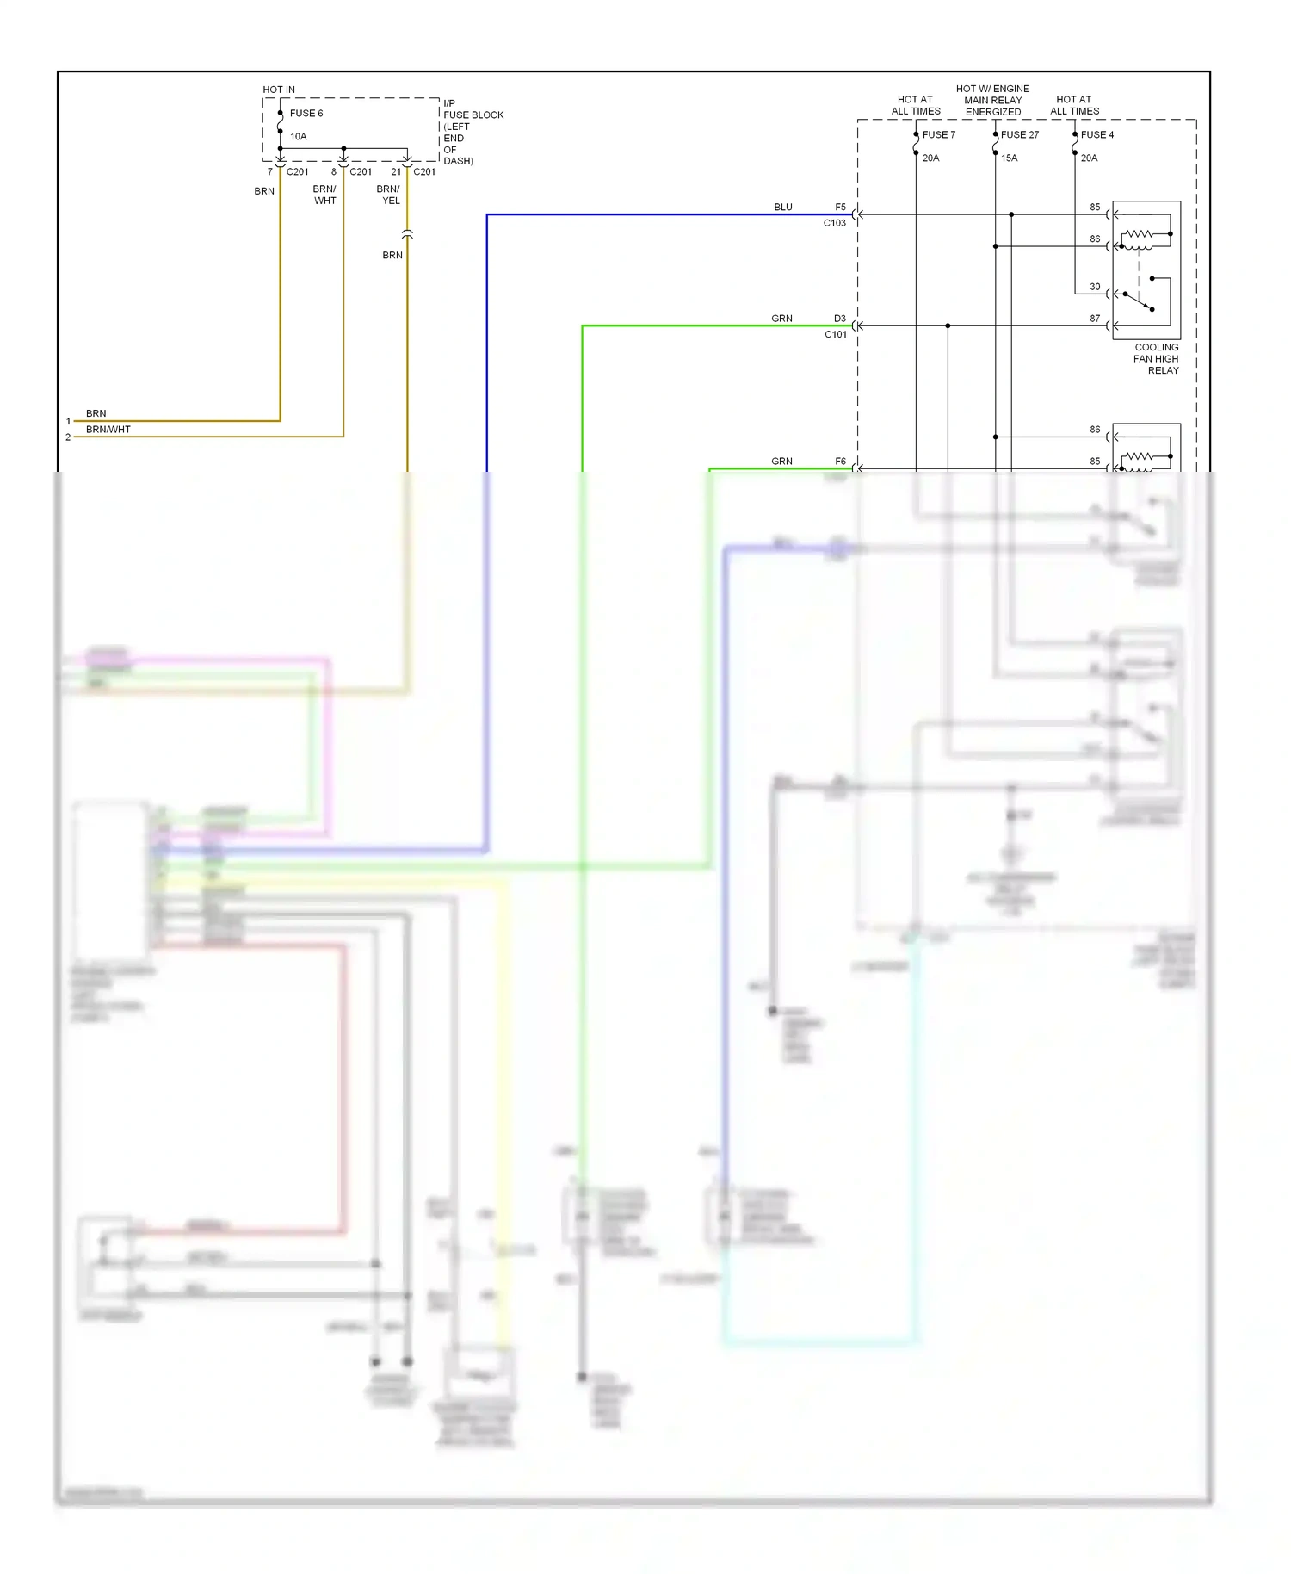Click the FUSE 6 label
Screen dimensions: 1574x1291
[x=306, y=113]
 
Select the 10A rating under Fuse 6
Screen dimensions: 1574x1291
[x=298, y=136]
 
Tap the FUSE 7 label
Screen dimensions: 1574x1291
[x=938, y=134]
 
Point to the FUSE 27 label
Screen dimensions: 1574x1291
[x=1019, y=134]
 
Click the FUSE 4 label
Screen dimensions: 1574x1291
[x=1096, y=134]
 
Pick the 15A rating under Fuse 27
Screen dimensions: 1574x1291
[x=1009, y=158]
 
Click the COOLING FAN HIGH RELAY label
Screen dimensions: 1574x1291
[x=1156, y=359]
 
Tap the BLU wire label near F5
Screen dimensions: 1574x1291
[x=782, y=207]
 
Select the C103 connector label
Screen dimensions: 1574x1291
[x=834, y=223]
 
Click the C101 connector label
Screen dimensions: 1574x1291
[x=835, y=334]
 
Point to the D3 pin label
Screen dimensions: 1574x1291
[x=839, y=319]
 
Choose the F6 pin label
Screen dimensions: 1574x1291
[x=840, y=462]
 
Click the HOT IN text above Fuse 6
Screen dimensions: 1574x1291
[x=278, y=90]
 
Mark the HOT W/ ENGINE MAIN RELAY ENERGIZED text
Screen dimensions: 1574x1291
[x=992, y=100]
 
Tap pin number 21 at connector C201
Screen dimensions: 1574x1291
[x=396, y=171]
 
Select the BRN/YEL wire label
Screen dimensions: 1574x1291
[x=388, y=195]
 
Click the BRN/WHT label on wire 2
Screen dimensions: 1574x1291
[x=108, y=429]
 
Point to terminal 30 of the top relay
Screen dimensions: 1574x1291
[x=1095, y=287]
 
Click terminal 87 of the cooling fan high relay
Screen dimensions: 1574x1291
[x=1095, y=319]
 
